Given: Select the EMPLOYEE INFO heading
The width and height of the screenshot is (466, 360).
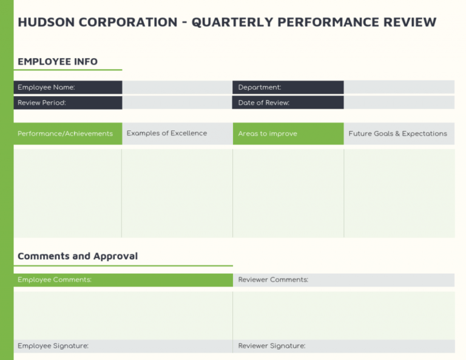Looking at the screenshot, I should coord(58,61).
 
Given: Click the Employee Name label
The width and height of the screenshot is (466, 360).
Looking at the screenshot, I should coord(46,87).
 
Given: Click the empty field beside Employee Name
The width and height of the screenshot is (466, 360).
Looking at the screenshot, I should coord(177,87).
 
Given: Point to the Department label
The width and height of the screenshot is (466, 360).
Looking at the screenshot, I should coord(260,87).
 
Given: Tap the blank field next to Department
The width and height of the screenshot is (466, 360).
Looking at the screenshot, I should coord(399,87).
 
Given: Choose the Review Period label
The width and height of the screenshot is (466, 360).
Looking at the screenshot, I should coord(42,103).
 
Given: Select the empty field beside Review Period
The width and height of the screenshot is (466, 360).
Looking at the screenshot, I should coord(177,103).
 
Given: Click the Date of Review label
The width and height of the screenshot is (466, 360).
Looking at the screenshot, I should coord(264,103).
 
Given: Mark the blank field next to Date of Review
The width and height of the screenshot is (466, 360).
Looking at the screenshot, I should coord(399,103).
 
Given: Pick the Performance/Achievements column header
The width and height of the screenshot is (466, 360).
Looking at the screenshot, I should coord(65,134).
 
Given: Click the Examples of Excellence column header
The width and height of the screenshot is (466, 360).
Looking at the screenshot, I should coord(167,134).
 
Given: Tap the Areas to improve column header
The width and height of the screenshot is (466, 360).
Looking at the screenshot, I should coord(268,134).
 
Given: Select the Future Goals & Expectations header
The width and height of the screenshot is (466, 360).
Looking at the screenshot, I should coord(397,134).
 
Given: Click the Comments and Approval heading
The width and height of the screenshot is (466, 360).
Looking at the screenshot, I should coord(78,256).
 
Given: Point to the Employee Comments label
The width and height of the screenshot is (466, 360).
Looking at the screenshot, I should coord(55,280).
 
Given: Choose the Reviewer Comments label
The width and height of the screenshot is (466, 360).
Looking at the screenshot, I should coord(273,280).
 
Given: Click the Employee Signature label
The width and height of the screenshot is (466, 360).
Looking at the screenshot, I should coord(53,346).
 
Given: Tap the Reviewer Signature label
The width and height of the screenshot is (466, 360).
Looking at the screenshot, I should coord(272,346).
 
